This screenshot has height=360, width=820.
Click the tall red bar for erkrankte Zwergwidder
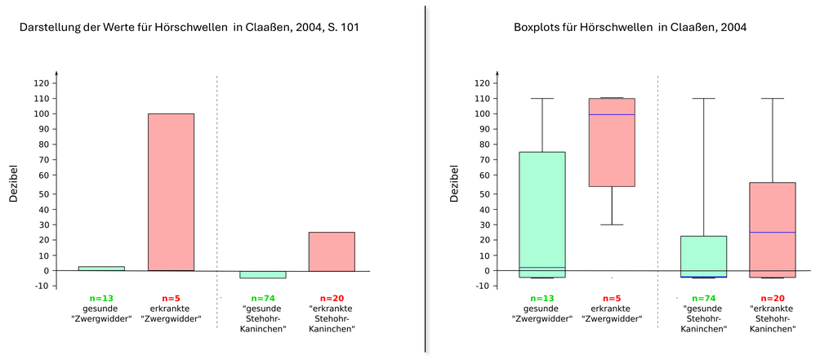point(171,192)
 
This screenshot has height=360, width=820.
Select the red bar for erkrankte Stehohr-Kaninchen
point(332,251)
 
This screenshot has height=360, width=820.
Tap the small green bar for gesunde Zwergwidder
point(101,268)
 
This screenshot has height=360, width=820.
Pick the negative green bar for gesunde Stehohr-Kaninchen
point(262,274)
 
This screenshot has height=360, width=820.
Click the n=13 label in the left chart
point(101,298)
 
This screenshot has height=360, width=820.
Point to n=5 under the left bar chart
point(170,298)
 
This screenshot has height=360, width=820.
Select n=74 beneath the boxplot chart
point(703,298)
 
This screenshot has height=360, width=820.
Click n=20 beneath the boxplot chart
point(772,298)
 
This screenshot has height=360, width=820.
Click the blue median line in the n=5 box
point(612,114)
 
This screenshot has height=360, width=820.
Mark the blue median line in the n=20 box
point(772,233)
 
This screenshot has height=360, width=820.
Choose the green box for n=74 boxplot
point(703,253)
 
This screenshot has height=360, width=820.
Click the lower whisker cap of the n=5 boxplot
point(612,224)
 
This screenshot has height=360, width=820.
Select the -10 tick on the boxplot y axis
point(479,286)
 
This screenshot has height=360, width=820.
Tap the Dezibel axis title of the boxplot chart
point(453,184)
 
